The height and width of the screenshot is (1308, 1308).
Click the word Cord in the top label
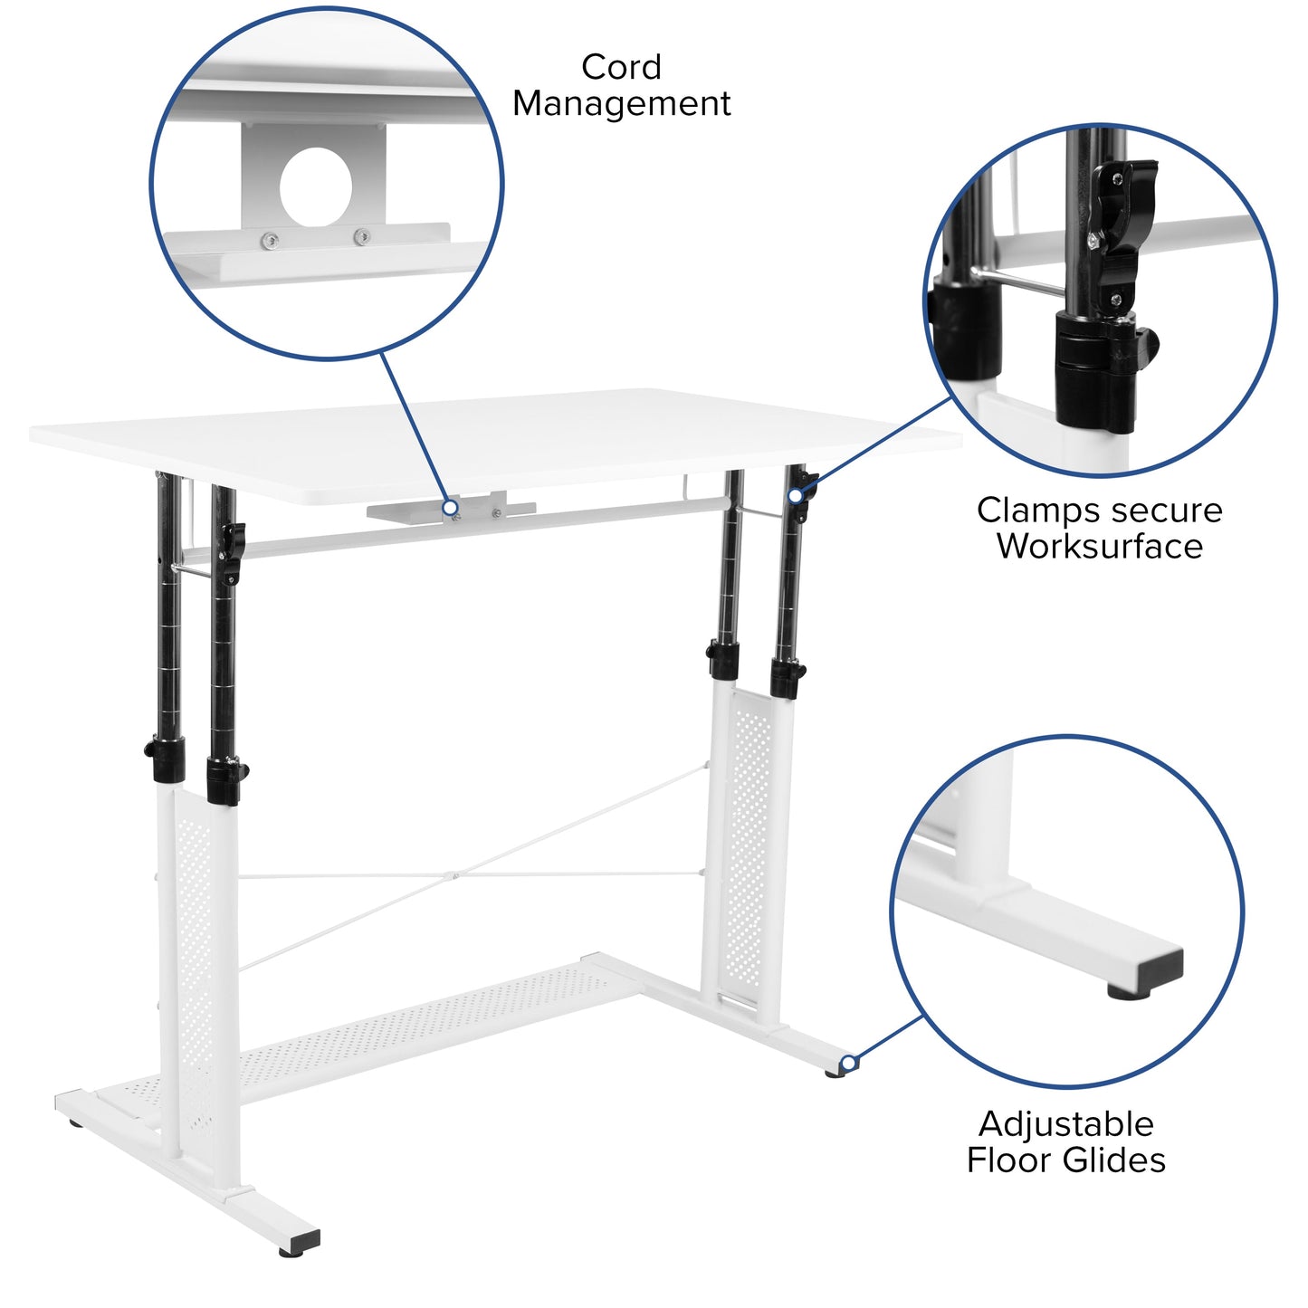621,67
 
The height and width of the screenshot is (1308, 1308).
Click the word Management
621,104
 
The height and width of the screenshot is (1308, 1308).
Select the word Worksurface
1099,547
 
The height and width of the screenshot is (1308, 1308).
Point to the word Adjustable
1065,1124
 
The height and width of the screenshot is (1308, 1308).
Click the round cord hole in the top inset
315,186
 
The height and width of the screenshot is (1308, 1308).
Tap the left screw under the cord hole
269,241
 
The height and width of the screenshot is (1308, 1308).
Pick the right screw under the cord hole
361,238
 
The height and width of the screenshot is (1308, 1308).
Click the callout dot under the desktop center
450,508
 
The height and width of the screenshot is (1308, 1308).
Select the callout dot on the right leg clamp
795,496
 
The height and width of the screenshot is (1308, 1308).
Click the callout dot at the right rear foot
848,1063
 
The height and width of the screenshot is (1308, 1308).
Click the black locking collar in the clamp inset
1095,367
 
